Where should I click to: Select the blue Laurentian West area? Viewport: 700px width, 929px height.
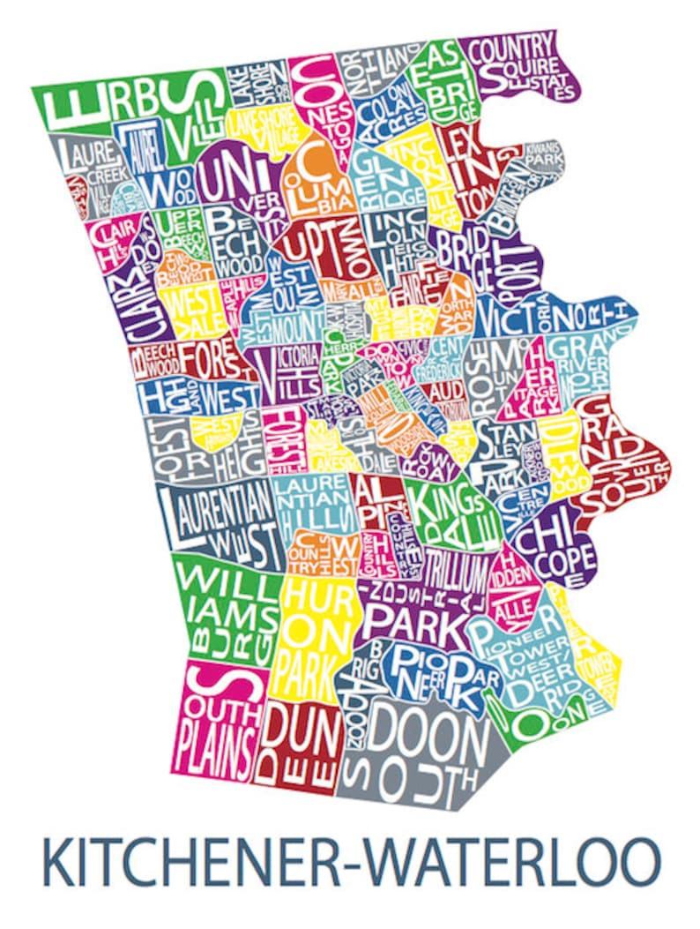tap(216, 521)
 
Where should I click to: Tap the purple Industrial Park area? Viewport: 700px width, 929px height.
tap(414, 609)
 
